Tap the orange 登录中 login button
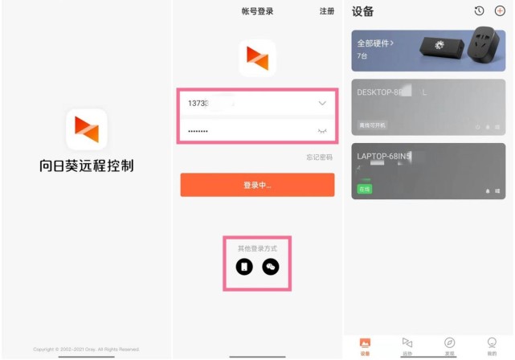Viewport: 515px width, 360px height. [257, 185]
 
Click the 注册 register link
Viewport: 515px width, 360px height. [326, 11]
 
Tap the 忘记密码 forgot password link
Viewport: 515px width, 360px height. [319, 157]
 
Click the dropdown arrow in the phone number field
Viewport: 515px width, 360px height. [322, 104]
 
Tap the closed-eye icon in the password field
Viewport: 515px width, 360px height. [322, 130]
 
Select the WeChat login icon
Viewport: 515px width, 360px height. [271, 266]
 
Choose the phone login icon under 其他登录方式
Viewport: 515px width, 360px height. [244, 266]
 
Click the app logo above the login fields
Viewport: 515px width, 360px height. [257, 58]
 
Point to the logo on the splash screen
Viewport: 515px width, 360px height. [86, 129]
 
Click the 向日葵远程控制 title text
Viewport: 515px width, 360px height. [86, 166]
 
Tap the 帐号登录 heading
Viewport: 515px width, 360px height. [257, 11]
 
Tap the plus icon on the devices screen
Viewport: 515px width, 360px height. [499, 11]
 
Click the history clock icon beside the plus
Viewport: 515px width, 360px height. [479, 11]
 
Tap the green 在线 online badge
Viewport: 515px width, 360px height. [365, 189]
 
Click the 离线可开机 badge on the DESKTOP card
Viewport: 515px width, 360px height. [373, 125]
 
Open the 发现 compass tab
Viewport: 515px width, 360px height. [449, 345]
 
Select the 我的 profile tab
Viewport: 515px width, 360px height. [492, 345]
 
